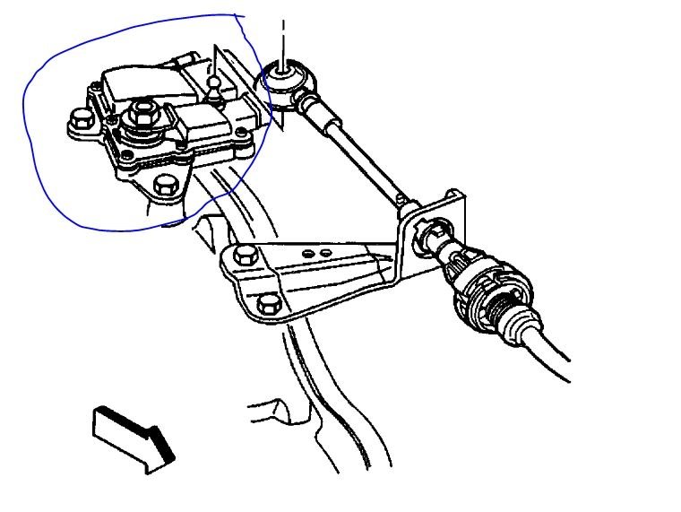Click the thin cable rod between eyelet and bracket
coord(358,152)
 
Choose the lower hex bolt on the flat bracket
coord(266,305)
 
